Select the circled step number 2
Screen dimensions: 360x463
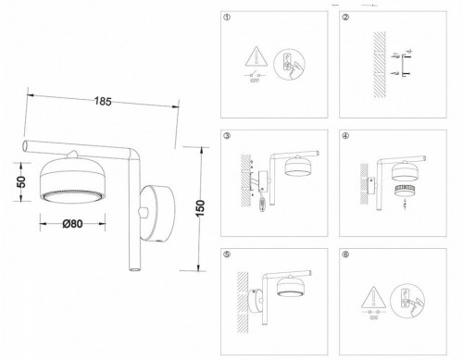pyautogui.click(x=344, y=18)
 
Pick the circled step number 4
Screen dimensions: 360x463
pyautogui.click(x=344, y=136)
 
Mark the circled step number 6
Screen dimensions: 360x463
pyautogui.click(x=344, y=254)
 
